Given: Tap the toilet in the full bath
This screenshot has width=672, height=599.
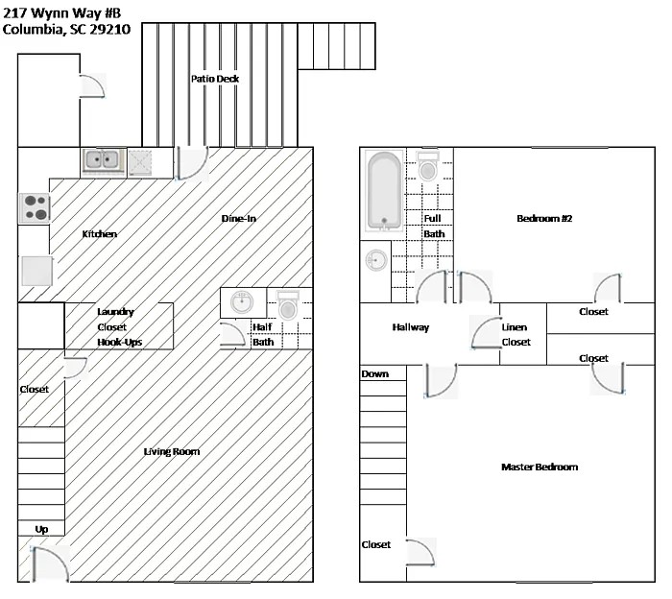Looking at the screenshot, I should tap(428, 168).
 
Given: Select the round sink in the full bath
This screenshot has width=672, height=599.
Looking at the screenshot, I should tap(376, 260).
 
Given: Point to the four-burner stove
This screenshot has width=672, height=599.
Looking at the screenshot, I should tap(36, 207).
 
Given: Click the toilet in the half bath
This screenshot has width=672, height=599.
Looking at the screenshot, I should tap(288, 306).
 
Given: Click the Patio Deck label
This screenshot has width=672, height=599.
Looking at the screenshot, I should tap(214, 79).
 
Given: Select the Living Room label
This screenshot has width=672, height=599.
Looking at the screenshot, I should tap(171, 451).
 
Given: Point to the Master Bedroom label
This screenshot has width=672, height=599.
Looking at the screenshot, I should tap(540, 467).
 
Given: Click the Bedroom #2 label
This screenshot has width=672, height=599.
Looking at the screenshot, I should tap(544, 218).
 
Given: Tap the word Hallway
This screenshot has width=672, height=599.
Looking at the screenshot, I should tap(410, 327).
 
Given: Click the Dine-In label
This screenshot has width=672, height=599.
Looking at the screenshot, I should tap(238, 218).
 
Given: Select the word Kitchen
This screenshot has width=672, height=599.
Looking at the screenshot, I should tap(99, 234).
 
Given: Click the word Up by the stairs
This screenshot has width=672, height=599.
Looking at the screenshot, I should tap(41, 529).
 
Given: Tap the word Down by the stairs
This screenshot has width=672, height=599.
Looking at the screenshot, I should tap(375, 373).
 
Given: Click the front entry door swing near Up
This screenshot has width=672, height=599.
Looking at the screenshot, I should tap(50, 563).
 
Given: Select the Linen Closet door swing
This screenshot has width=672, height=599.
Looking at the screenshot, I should tap(485, 332).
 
